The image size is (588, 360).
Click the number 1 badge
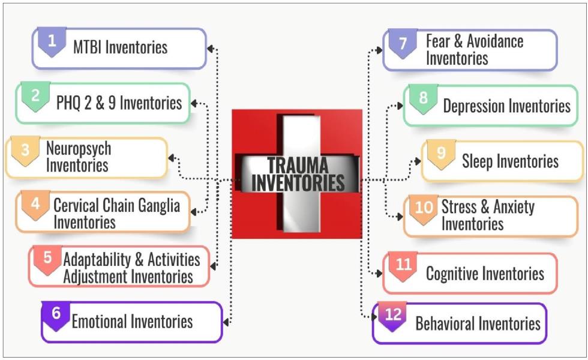(x=52, y=41)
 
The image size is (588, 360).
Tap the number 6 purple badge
(x=56, y=316)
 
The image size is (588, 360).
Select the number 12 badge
(x=392, y=316)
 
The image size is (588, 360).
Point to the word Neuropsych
(x=79, y=149)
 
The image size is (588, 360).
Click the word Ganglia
(x=159, y=205)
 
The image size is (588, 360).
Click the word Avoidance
(x=495, y=41)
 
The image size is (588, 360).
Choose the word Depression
(x=473, y=106)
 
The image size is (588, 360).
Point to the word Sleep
(x=476, y=161)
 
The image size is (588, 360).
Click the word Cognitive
(x=453, y=274)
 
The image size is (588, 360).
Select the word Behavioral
(x=444, y=323)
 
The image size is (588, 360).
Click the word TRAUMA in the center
(x=298, y=165)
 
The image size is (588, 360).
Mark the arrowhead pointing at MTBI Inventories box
(x=211, y=49)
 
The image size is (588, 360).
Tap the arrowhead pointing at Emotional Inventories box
(x=226, y=322)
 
